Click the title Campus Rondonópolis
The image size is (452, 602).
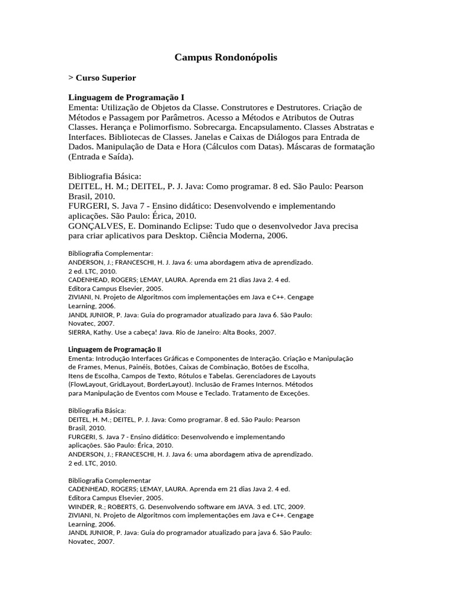(226, 58)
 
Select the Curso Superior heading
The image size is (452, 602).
(105, 78)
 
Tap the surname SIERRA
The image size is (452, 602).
(79, 332)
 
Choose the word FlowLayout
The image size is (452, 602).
(87, 384)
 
